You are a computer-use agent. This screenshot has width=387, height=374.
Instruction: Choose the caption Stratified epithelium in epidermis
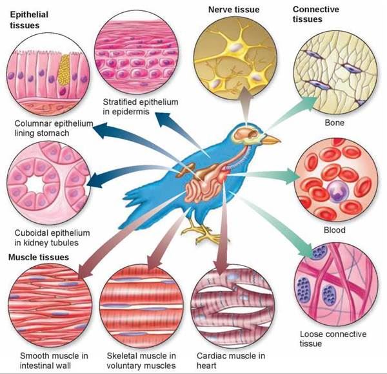click(141, 107)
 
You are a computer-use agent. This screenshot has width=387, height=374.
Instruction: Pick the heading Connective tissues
click(317, 14)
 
